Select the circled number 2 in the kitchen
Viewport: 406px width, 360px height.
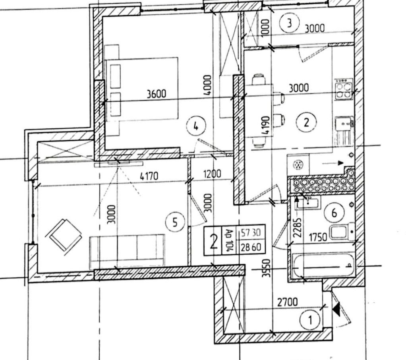pos(306,122)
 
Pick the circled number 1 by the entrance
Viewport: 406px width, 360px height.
pos(310,319)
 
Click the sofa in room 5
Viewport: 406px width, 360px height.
pos(127,250)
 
